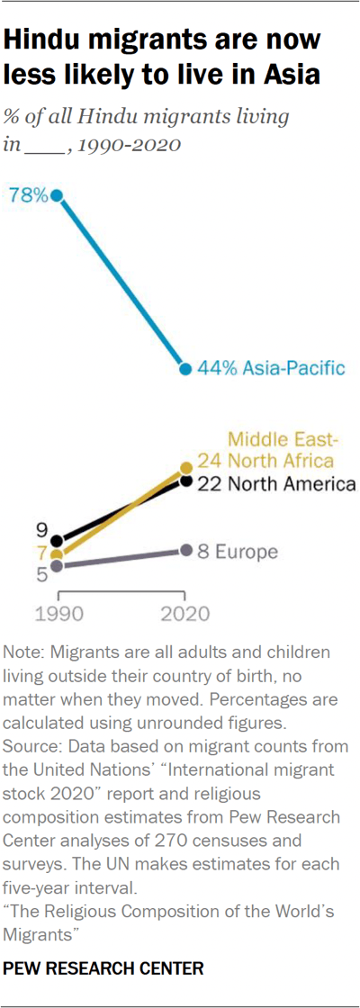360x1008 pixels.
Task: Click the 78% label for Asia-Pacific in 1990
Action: tap(28, 194)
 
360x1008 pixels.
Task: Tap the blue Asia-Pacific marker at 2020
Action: tap(185, 369)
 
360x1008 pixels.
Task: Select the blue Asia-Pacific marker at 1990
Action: tap(58, 194)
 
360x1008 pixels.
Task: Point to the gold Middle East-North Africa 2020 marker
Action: tap(186, 467)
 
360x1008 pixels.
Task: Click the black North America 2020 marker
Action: tap(186, 482)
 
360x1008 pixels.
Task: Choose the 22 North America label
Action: tap(276, 484)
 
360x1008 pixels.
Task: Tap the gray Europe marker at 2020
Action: tap(186, 550)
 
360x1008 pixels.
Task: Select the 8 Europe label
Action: tap(238, 551)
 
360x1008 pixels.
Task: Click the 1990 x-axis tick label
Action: tap(58, 614)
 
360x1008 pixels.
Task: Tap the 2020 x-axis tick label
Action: tap(185, 614)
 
